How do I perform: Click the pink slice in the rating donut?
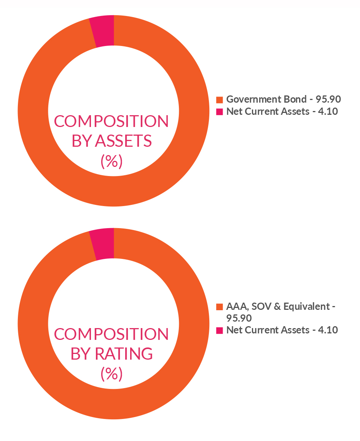coord(103,245)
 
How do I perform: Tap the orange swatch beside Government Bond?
coord(219,100)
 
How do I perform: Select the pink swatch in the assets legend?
coord(219,112)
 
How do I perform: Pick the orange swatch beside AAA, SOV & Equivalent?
coord(219,306)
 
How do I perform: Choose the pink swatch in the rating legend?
coord(219,330)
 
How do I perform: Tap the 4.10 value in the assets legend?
coord(327,112)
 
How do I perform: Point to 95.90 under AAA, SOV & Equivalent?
coord(239,318)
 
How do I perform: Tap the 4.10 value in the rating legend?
coord(327,330)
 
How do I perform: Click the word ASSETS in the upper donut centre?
coord(123,141)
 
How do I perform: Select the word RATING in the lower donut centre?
coord(124,354)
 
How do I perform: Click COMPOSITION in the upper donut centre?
coord(111,122)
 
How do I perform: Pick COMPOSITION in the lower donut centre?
coord(111,334)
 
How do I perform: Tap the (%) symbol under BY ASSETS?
coord(112,162)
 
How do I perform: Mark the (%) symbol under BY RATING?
coord(112,374)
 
